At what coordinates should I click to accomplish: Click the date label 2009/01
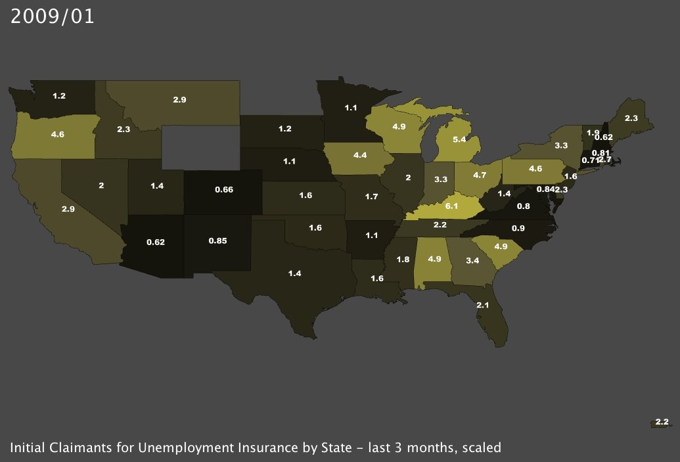[x=53, y=16]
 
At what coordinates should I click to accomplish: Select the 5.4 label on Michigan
[x=463, y=140]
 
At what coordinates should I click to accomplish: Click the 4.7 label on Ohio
[x=480, y=175]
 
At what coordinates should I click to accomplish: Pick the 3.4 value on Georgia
[x=471, y=261]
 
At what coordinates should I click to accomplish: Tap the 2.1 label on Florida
[x=482, y=305]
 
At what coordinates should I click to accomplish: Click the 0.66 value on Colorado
[x=225, y=189]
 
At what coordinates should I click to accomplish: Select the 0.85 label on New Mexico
[x=218, y=241]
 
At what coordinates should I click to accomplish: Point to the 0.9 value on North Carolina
[x=518, y=228]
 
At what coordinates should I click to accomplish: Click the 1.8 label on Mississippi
[x=403, y=260]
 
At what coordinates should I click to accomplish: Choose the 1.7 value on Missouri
[x=371, y=196]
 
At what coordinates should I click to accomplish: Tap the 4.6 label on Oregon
[x=57, y=134]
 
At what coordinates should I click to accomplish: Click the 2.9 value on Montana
[x=180, y=99]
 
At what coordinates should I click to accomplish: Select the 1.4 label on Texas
[x=294, y=272]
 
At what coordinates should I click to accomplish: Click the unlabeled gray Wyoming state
[x=200, y=148]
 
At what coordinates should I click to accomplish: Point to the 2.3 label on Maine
[x=631, y=118]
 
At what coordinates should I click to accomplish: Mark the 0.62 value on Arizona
[x=155, y=242]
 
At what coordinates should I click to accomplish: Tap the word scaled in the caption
[x=482, y=448]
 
